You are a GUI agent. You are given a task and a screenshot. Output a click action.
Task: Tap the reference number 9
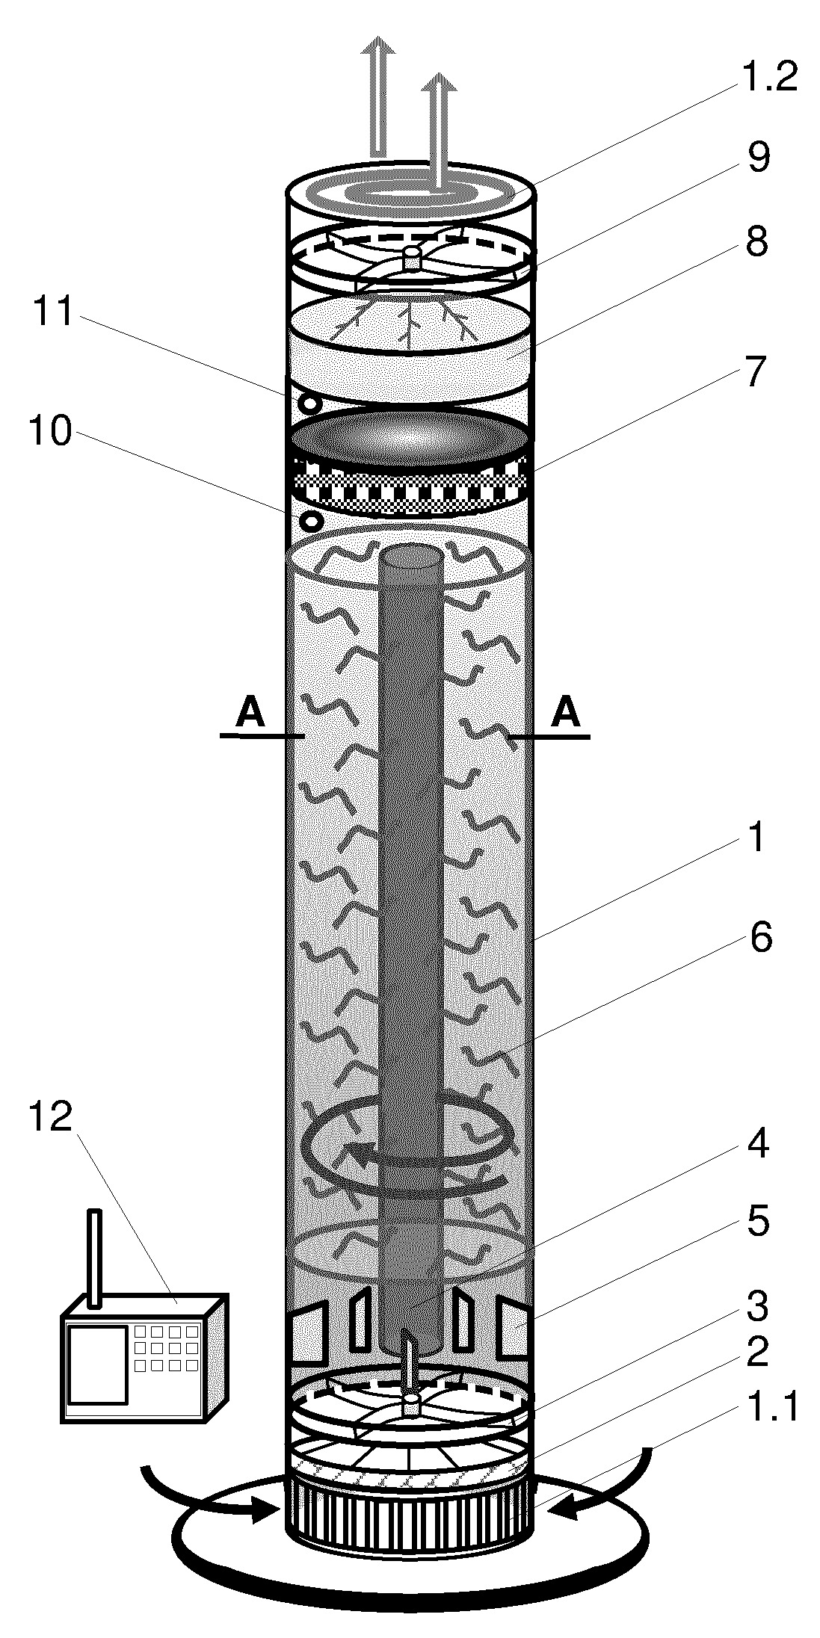(x=758, y=158)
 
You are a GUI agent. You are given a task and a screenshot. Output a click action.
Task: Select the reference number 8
(x=756, y=243)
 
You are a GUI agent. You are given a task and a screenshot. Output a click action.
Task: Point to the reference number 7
(x=756, y=371)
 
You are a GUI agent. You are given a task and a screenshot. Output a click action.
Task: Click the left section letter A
(x=250, y=713)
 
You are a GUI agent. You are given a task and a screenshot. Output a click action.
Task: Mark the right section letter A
(x=566, y=713)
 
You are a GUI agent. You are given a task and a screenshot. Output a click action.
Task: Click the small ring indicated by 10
(x=309, y=519)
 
